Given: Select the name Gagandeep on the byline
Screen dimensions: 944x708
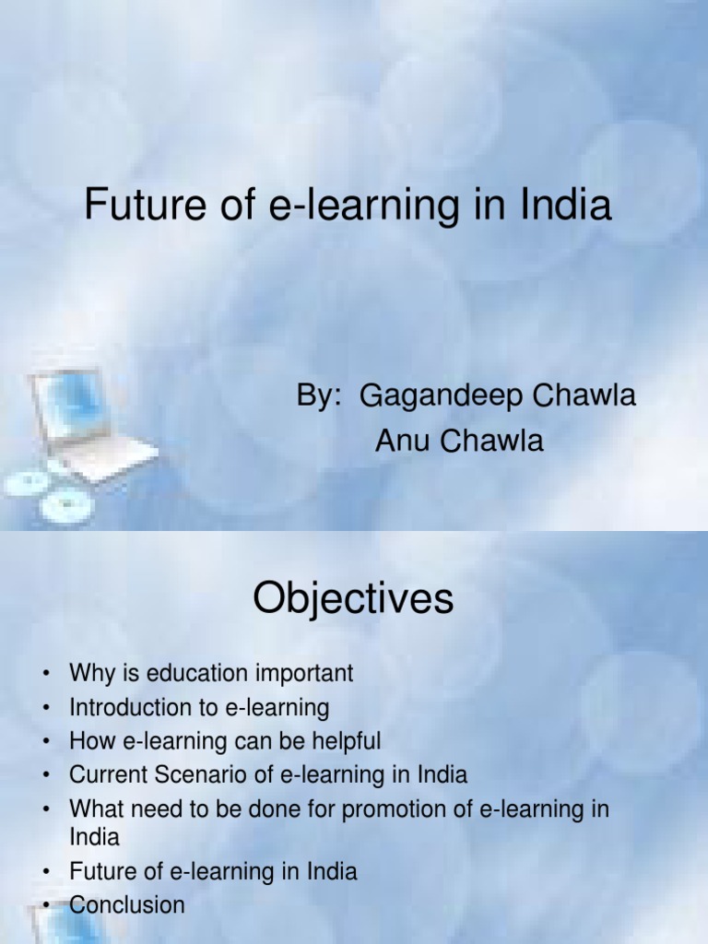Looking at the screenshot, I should coord(430,396).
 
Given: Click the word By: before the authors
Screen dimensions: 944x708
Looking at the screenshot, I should coord(320,396).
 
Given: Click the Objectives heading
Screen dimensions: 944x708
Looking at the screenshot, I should coord(353,600).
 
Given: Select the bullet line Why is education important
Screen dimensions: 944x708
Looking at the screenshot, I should coord(211,673).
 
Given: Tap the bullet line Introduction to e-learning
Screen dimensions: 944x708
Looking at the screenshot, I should coord(199,707).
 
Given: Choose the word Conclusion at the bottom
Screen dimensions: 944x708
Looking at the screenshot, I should coord(127,904).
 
